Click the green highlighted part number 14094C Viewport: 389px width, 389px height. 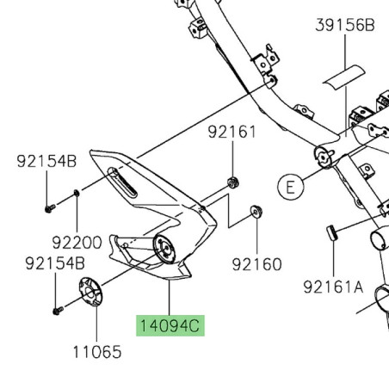point(169,327)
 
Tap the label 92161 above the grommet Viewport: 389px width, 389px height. point(232,133)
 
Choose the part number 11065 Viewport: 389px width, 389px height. point(97,352)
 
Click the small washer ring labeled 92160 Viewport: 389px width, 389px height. point(256,212)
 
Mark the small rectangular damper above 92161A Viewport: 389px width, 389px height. point(331,232)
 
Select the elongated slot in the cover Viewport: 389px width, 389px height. point(122,182)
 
